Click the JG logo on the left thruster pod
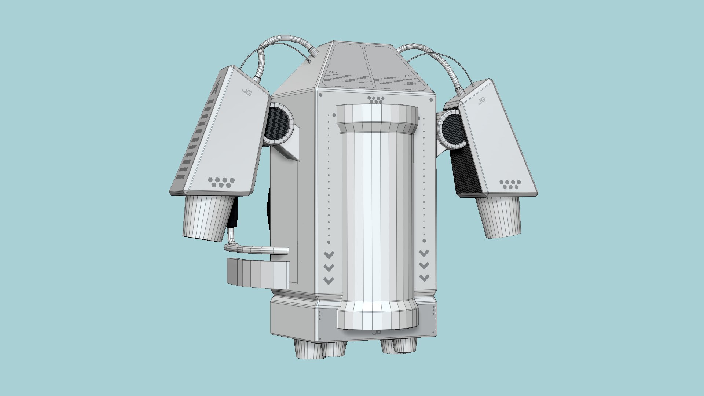click(x=246, y=92)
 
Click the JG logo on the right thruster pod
click(x=482, y=100)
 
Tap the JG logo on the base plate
click(x=377, y=332)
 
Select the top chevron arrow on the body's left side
click(x=329, y=255)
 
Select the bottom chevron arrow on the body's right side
click(x=424, y=278)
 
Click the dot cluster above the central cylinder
click(x=376, y=99)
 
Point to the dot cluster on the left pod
click(x=221, y=182)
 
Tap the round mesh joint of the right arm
click(x=452, y=130)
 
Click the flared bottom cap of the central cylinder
click(x=378, y=315)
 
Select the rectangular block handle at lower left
click(x=258, y=274)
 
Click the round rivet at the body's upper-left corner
click(x=321, y=95)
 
